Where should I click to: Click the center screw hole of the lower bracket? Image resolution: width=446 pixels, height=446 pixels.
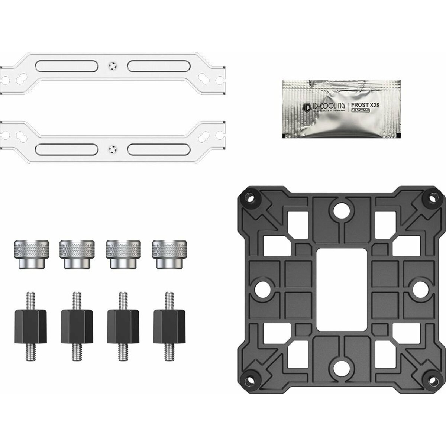[x=110, y=150]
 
